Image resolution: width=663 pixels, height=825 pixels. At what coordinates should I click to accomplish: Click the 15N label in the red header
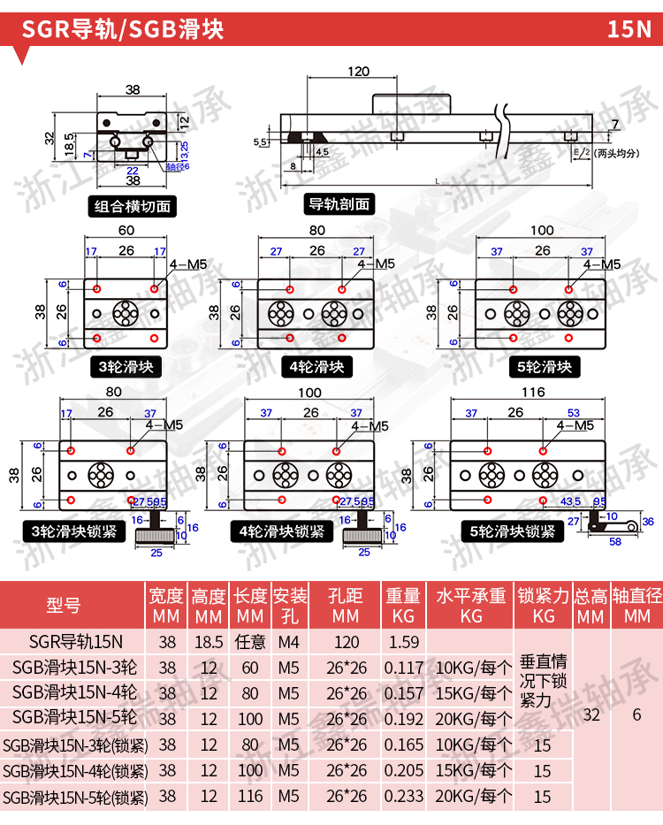[x=629, y=29]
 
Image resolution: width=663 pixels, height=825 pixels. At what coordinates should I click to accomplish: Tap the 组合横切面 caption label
[x=133, y=208]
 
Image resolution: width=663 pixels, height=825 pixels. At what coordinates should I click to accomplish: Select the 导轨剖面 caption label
[x=339, y=204]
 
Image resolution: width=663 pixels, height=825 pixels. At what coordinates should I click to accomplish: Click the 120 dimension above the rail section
[x=358, y=72]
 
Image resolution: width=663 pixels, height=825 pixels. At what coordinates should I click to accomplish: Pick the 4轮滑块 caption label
[x=316, y=366]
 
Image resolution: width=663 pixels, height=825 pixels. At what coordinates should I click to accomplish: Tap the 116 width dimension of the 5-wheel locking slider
[x=533, y=393]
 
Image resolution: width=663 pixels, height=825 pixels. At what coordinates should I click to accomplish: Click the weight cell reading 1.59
[x=403, y=642]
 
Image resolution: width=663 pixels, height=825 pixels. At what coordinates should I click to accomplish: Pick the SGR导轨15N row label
[x=75, y=642]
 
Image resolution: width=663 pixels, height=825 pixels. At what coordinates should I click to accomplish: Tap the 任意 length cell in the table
[x=250, y=642]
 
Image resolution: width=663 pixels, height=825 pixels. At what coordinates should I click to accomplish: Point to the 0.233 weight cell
[x=403, y=796]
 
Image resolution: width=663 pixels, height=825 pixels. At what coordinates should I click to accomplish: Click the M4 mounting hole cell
[x=288, y=642]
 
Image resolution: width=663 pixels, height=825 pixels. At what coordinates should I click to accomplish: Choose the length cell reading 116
[x=250, y=796]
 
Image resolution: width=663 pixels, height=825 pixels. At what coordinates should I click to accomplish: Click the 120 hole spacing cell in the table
[x=347, y=642]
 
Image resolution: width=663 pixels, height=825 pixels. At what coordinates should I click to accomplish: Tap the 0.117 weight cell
[x=403, y=668]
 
